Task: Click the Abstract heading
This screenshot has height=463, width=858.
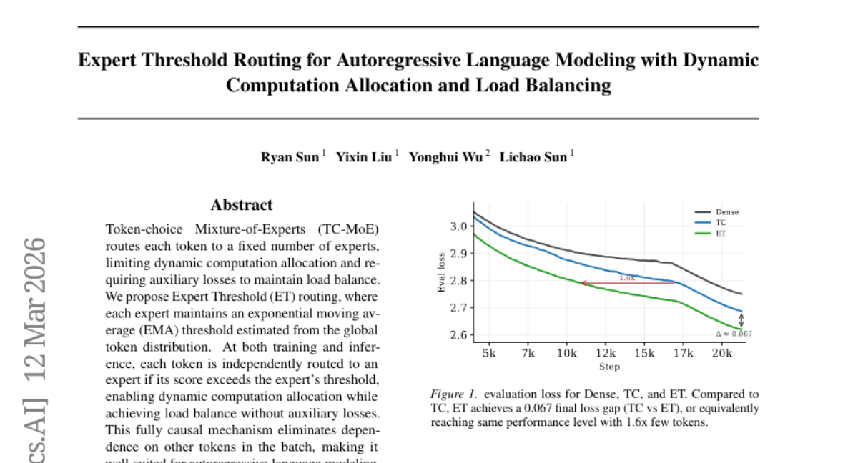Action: (x=242, y=205)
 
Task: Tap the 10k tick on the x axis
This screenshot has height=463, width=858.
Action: (x=567, y=353)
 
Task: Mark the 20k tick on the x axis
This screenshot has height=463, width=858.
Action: (x=721, y=353)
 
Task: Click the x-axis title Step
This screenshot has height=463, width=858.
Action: (x=609, y=367)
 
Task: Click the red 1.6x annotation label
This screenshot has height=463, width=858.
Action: (x=626, y=277)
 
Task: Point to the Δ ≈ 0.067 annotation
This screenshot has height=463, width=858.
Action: (x=734, y=334)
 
